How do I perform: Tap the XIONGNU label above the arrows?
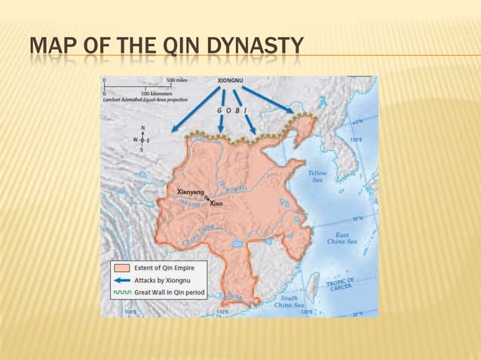231,79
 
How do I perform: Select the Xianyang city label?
191,192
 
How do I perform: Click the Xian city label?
216,203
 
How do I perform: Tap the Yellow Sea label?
317,176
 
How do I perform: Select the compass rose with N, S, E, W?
140,139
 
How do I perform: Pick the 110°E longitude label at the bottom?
222,311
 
